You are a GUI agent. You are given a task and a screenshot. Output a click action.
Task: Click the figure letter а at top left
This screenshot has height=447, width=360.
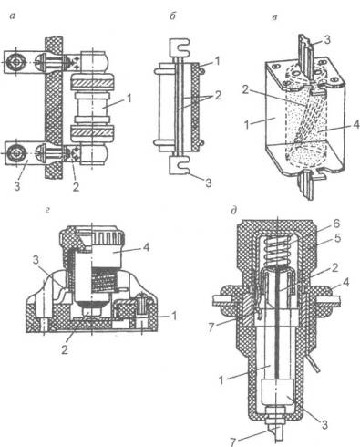(12, 16)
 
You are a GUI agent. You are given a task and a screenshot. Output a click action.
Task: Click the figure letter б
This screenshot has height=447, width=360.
(172, 16)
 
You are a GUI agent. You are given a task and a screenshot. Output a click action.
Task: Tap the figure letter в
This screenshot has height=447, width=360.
(274, 17)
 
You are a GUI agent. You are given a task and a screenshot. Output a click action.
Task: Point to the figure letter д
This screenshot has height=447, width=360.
(234, 211)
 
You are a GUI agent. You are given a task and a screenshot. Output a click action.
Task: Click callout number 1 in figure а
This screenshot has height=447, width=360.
(129, 99)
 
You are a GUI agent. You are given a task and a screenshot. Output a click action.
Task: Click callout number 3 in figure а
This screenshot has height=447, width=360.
(16, 186)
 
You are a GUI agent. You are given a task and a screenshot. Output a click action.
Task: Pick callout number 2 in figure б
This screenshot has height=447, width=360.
(218, 96)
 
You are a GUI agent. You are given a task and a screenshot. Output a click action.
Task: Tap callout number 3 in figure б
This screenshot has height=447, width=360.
(209, 182)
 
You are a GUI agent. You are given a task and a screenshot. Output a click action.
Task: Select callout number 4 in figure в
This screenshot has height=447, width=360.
(355, 124)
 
